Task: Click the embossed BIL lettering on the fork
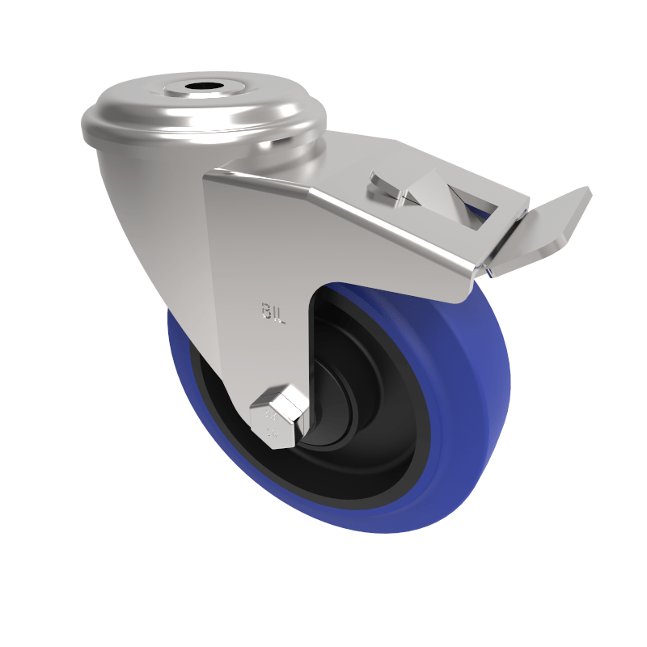point(273,312)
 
